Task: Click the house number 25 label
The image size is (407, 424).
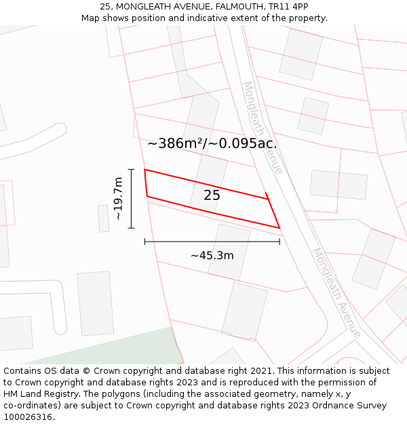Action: (x=212, y=195)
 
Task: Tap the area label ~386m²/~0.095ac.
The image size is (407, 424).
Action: (x=212, y=143)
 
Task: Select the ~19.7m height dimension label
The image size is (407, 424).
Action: (x=118, y=198)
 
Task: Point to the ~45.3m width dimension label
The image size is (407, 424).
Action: (x=212, y=255)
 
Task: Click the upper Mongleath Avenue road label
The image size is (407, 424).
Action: (x=263, y=127)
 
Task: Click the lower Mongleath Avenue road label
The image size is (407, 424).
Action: (x=336, y=292)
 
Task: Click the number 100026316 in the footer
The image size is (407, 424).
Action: (x=28, y=417)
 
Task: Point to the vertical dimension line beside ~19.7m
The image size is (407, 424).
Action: (x=132, y=198)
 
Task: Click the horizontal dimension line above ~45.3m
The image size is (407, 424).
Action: (x=212, y=241)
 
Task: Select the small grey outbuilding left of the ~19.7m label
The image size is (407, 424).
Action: (x=103, y=218)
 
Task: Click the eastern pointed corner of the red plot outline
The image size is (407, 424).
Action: (x=279, y=228)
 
